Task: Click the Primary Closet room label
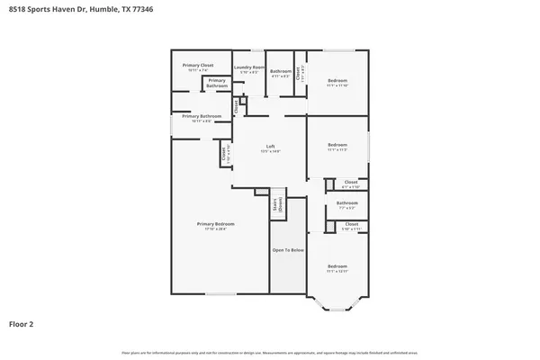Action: pos(197,65)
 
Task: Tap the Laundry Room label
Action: pos(249,67)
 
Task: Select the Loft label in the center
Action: pos(270,146)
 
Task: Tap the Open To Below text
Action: pos(288,249)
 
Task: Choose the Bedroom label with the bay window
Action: pos(337,265)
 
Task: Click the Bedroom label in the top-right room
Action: pos(337,81)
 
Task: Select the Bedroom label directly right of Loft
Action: pos(337,145)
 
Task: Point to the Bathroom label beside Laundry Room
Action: pos(281,71)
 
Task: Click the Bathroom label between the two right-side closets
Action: pos(346,202)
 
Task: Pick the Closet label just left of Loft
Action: pos(223,156)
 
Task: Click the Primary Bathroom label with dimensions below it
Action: pos(202,116)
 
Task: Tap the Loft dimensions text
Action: pos(270,151)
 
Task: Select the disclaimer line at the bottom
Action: pos(269,352)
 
